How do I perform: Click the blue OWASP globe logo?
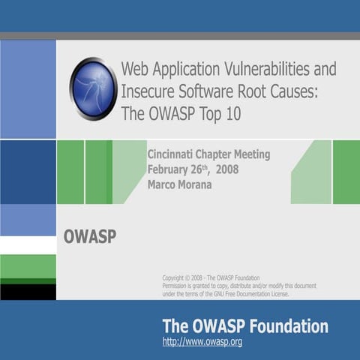pyautogui.click(x=93, y=89)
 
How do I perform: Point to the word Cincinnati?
pyautogui.click(x=174, y=154)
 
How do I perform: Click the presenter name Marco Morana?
pyautogui.click(x=179, y=184)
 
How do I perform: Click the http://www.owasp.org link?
pyautogui.click(x=202, y=343)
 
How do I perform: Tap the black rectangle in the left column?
pyautogui.click(x=28, y=292)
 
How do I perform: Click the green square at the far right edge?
pyautogui.click(x=346, y=172)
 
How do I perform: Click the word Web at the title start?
pyautogui.click(x=135, y=69)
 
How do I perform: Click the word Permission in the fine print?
pyautogui.click(x=180, y=286)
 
